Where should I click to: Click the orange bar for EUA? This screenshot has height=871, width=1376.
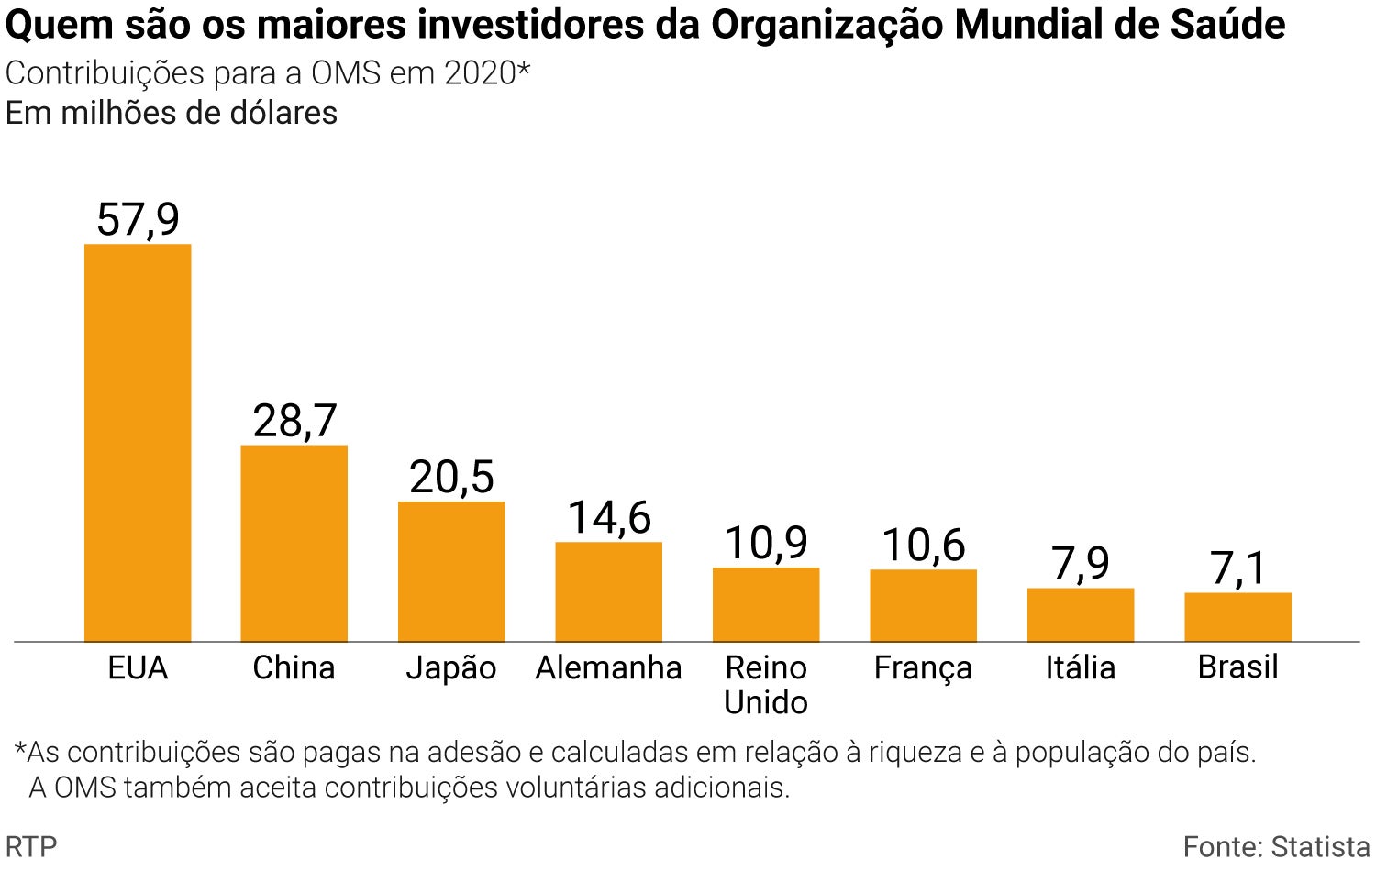[x=138, y=443]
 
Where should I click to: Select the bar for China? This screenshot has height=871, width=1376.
[x=294, y=544]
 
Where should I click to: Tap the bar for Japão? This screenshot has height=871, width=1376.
[x=451, y=571]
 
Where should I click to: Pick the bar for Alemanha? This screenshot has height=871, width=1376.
[x=608, y=591]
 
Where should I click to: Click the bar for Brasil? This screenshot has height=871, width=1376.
[x=1237, y=617]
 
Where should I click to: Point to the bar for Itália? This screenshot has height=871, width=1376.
[x=1081, y=614]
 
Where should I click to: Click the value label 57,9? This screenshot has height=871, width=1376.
[x=138, y=220]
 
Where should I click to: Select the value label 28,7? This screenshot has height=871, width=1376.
[x=294, y=422]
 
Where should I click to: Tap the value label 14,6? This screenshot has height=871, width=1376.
[x=609, y=518]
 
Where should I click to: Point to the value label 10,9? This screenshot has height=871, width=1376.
[x=766, y=544]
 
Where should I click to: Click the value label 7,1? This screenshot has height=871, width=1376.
[x=1237, y=568]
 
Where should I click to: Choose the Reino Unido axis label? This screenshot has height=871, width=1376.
[x=766, y=685]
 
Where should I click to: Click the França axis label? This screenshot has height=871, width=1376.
[x=923, y=668]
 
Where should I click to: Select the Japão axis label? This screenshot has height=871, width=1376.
[x=451, y=668]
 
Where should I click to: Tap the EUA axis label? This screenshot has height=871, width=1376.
[x=138, y=667]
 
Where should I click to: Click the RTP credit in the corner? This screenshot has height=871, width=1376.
[x=31, y=846]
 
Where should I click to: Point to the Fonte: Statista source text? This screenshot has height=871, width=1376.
[x=1276, y=846]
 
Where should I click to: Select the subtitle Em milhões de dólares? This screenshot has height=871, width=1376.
[x=172, y=113]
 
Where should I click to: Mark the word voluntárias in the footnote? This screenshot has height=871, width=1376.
[x=577, y=788]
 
